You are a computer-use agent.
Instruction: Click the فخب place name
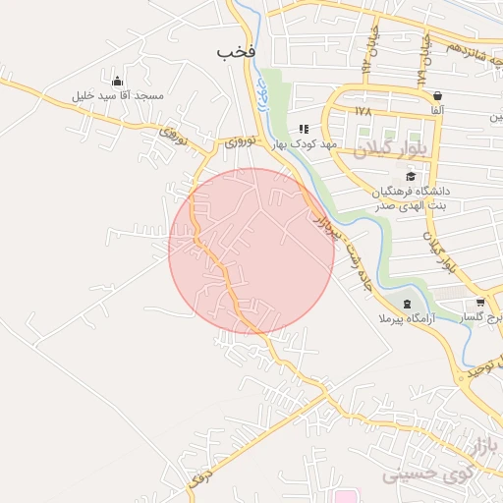pyautogui.click(x=236, y=50)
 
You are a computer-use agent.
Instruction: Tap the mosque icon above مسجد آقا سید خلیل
pyautogui.click(x=118, y=81)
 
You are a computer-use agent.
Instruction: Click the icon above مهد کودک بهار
pyautogui.click(x=305, y=129)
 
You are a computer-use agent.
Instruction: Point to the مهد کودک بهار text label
pyautogui.click(x=306, y=143)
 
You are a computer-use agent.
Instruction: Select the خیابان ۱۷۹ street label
pyautogui.click(x=425, y=59)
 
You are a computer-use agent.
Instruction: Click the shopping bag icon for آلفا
pyautogui.click(x=436, y=95)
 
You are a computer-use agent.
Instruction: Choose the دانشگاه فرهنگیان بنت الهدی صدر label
pyautogui.click(x=411, y=197)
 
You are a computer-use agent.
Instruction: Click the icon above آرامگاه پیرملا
pyautogui.click(x=406, y=303)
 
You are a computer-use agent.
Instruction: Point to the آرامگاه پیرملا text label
pyautogui.click(x=405, y=320)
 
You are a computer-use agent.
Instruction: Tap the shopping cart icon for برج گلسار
pyautogui.click(x=479, y=302)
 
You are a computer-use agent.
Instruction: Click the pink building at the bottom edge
pyautogui.click(x=343, y=497)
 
